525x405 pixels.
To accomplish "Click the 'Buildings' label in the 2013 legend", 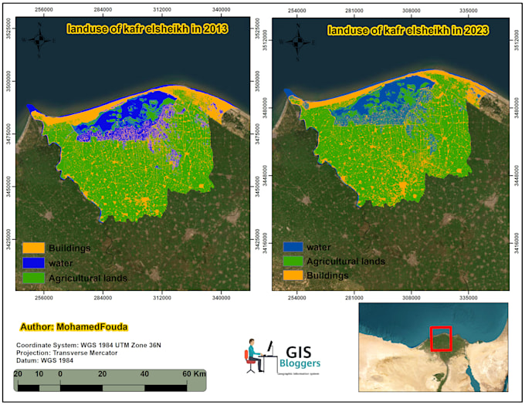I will coord(69,248).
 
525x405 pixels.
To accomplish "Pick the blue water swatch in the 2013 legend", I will coord(33,263).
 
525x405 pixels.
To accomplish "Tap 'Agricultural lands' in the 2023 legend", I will coord(346,262).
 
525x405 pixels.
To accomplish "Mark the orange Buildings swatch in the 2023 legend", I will coord(292,275).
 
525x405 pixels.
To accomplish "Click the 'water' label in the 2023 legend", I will coord(319,248).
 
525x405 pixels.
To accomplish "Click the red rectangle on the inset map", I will coord(440,338).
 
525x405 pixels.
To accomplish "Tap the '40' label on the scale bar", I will coord(144,374).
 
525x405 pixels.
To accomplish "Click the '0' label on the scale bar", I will coord(60,374).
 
